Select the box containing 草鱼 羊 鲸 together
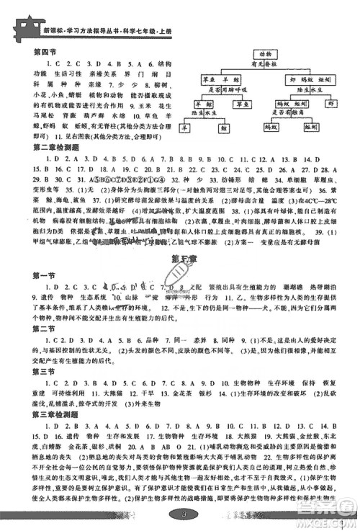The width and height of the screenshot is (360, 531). pos(220,80)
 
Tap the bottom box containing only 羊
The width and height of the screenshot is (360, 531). pos(185,129)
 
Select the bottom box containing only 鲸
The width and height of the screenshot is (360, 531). pos(223,129)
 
